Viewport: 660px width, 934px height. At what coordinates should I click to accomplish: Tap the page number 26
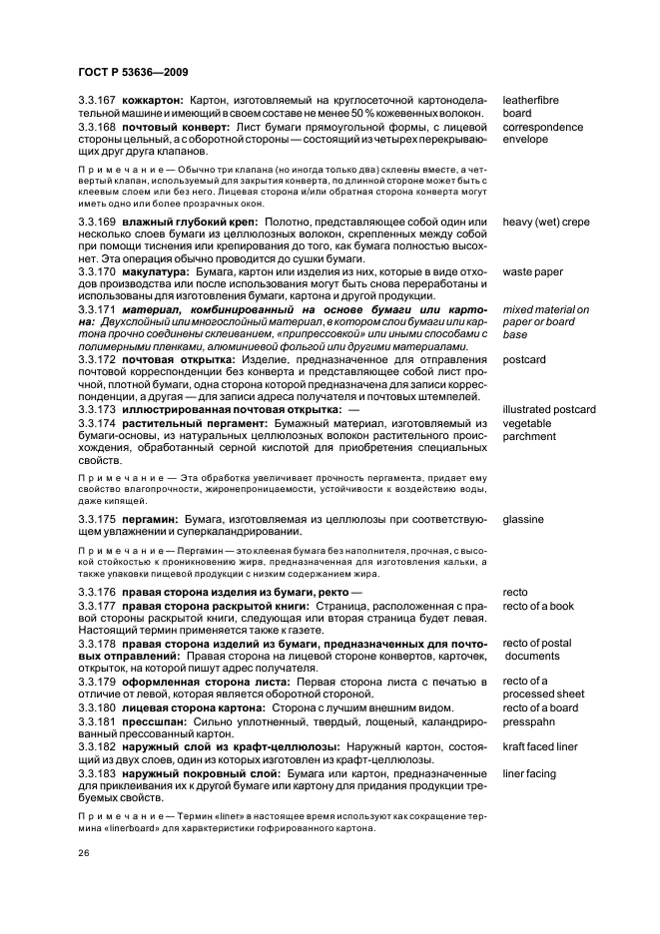tap(84, 854)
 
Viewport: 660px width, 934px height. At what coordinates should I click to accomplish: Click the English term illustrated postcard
tap(549, 409)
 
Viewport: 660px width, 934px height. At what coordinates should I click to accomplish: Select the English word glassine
tap(525, 520)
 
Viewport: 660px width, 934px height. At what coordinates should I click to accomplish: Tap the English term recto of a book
tap(538, 606)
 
